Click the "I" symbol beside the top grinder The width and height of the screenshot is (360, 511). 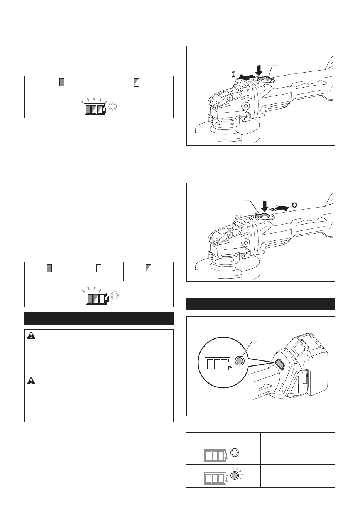233,74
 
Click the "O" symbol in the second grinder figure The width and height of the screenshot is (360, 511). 294,205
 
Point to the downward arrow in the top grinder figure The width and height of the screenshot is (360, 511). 259,70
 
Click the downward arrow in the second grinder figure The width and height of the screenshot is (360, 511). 265,206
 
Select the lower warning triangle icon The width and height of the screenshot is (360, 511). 31,381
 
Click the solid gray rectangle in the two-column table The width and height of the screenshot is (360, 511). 62,82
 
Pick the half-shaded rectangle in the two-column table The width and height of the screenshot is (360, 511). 136,82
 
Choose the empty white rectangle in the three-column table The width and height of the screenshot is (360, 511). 99,268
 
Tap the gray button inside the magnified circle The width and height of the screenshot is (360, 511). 239,360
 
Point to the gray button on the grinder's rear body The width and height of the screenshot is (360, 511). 279,364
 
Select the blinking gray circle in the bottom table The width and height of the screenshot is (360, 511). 235,475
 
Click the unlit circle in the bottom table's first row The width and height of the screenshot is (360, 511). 235,452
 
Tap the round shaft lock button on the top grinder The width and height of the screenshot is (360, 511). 246,106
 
